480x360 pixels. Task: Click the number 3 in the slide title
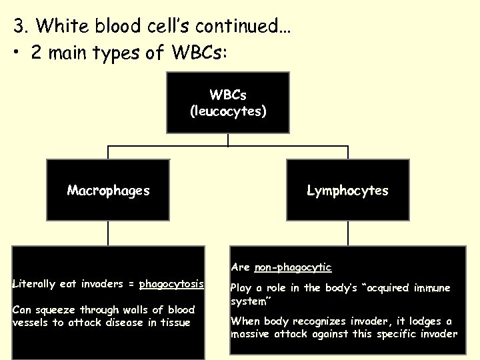[x=19, y=27]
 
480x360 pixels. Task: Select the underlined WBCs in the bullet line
[x=198, y=53]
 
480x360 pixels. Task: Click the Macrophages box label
[x=108, y=191]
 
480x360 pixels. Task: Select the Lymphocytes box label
[x=347, y=191]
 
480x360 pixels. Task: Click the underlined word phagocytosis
[x=171, y=284]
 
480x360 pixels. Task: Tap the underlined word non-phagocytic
[x=293, y=267]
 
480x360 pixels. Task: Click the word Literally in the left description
[x=34, y=284]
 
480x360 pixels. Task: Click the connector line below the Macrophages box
[x=108, y=233]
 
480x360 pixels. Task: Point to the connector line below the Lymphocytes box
[x=348, y=233]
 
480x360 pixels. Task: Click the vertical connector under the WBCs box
[x=228, y=140]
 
